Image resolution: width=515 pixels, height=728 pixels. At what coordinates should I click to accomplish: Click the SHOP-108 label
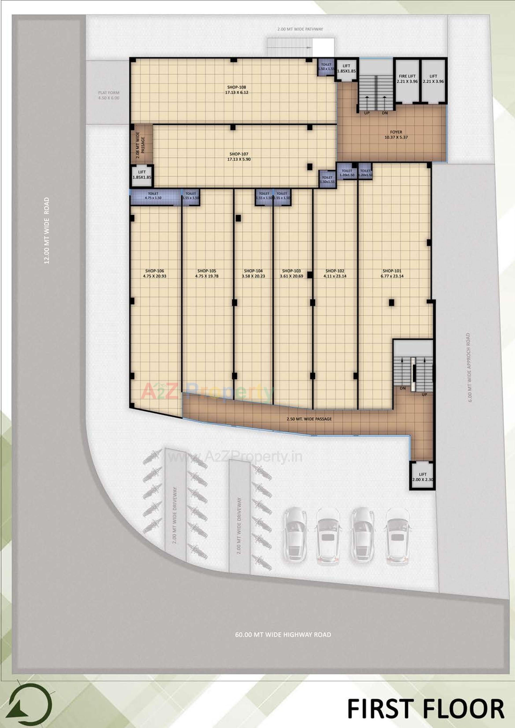click(x=236, y=87)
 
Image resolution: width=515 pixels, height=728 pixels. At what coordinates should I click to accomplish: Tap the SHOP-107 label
click(x=239, y=154)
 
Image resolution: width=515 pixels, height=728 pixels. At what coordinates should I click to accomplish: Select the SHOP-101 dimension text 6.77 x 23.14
click(x=392, y=276)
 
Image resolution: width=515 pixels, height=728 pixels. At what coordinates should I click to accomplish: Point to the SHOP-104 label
click(x=253, y=271)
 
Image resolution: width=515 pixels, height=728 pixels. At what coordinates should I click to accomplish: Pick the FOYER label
click(x=396, y=132)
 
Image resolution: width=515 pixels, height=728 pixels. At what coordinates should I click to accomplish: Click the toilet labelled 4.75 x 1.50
click(x=153, y=196)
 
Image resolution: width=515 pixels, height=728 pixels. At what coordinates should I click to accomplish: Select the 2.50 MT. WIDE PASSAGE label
click(x=309, y=419)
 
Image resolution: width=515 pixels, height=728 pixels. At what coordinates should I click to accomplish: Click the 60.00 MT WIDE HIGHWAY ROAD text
click(x=283, y=634)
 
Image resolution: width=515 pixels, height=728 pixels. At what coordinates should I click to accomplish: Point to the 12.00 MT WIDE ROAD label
click(x=47, y=231)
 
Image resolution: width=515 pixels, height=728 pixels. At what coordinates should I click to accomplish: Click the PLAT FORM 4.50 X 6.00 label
click(x=109, y=95)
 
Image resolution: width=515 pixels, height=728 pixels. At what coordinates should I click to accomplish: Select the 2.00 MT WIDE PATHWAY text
click(x=300, y=29)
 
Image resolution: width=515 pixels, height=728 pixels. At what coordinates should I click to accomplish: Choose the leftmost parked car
click(x=295, y=534)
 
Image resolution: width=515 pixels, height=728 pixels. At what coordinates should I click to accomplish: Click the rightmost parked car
click(x=397, y=536)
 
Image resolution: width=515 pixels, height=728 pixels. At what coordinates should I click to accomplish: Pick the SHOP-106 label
click(x=154, y=271)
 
